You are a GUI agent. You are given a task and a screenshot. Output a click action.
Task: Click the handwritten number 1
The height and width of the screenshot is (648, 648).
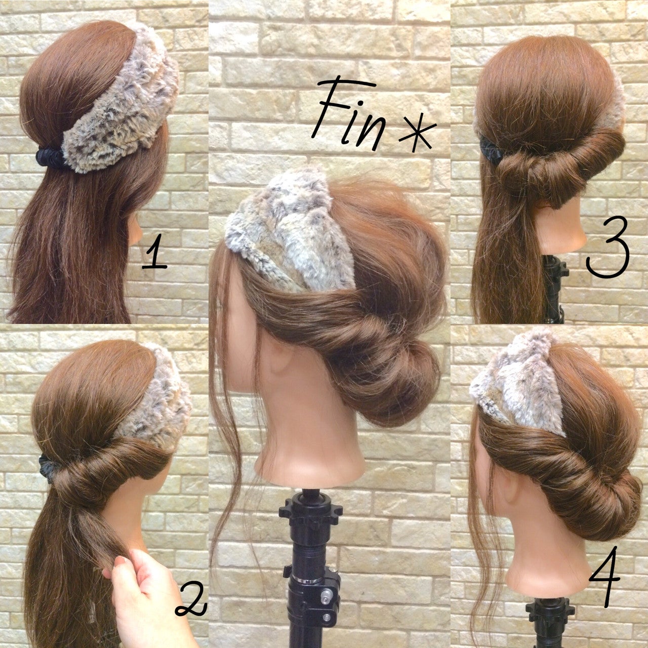coord(154,256)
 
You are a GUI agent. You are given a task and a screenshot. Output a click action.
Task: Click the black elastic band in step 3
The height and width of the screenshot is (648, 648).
coord(491,150)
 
